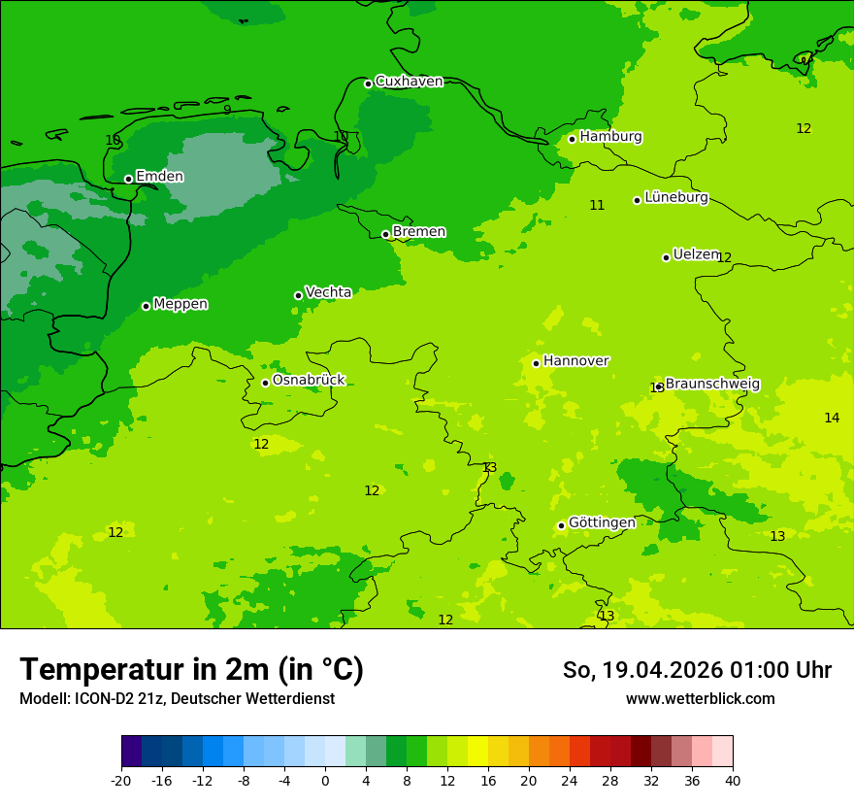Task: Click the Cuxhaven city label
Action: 409,82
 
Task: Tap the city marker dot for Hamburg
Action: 572,139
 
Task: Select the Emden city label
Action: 159,177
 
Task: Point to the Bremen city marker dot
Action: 385,234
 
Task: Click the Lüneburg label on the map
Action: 676,198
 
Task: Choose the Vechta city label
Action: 328,292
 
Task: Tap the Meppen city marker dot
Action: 146,306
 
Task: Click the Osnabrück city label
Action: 309,381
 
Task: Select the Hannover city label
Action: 575,361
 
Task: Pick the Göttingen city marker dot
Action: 561,525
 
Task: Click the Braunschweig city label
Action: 712,385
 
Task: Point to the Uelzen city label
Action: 696,254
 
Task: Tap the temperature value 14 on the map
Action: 832,418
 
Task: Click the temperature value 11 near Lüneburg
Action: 597,205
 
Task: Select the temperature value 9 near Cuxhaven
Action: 227,110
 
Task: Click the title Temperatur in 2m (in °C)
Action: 191,669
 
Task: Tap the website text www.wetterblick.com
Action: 700,698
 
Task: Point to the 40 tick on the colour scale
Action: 733,780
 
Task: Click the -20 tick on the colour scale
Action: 121,780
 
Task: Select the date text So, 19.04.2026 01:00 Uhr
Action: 697,670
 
